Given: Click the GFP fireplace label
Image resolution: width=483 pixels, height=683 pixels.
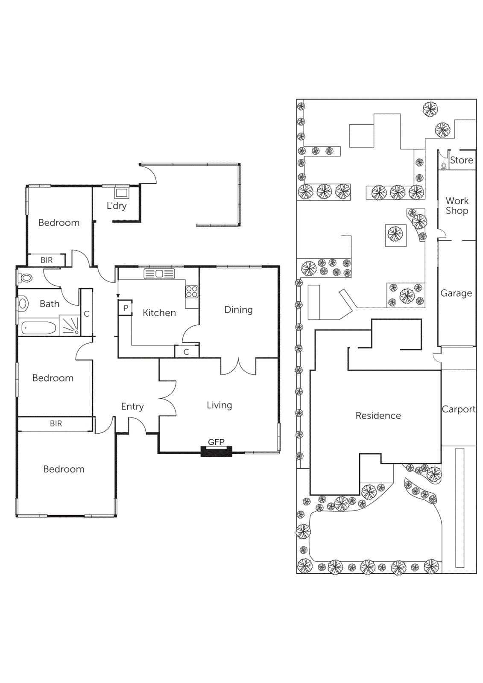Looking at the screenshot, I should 216,442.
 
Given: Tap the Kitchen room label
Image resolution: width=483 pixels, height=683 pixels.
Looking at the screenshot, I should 159,313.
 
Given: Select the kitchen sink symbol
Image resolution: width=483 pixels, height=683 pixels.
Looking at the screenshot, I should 159,274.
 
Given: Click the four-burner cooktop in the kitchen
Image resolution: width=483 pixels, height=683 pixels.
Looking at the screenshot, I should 192,292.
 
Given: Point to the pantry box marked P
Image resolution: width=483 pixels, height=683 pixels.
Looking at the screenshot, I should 126,308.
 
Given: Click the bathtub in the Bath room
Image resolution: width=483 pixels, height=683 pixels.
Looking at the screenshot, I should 38,328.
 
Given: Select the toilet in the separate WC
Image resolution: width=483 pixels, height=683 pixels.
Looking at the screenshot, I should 26,278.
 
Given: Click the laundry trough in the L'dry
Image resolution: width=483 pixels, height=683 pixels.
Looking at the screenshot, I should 121,193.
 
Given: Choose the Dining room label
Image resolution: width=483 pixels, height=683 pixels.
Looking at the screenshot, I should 238,310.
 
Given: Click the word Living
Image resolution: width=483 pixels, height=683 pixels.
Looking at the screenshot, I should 219,405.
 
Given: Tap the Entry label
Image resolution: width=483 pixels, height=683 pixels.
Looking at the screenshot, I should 132,406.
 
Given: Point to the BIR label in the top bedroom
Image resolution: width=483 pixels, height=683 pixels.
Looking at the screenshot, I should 47,260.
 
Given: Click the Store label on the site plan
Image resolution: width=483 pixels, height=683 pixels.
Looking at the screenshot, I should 461,161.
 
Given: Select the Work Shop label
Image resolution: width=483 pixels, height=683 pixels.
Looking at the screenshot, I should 457,206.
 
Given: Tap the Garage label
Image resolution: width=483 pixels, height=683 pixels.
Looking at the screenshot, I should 456,293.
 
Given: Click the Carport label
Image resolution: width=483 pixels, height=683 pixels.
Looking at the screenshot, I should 458,409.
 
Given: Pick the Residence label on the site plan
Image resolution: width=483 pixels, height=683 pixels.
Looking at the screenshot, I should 378,416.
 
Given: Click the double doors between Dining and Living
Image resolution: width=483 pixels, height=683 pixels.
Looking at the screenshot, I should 238,367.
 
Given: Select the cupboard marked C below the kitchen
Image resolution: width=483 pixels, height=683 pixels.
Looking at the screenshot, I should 186,352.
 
